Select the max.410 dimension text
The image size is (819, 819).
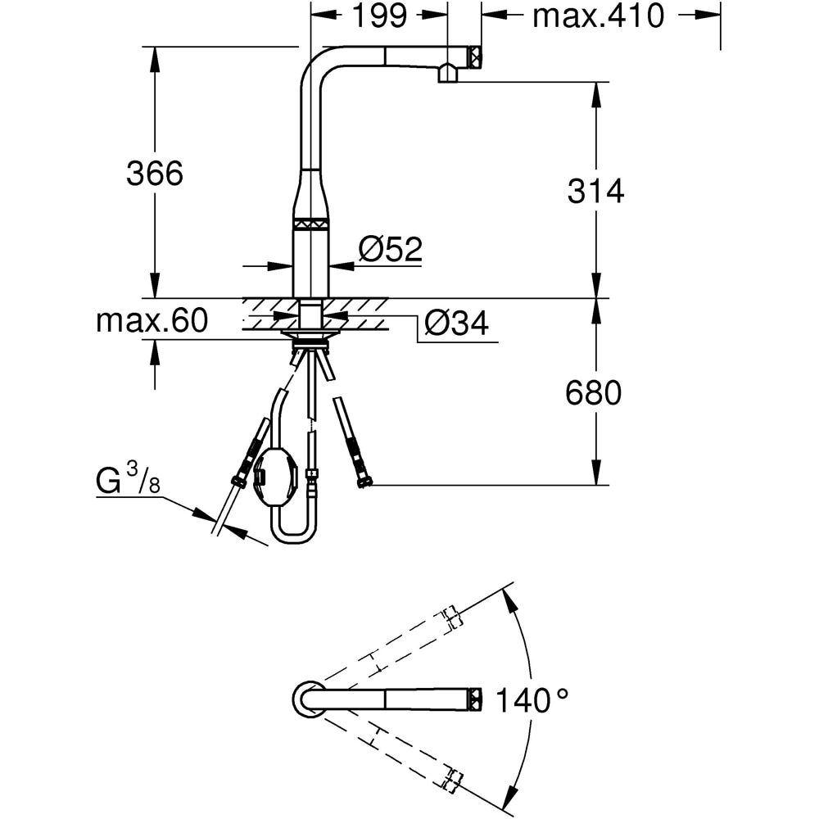coord(598,16)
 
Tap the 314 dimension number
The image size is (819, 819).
coord(595,191)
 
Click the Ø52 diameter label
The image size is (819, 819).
coord(390,249)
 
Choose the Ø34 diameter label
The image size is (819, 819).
coord(456,324)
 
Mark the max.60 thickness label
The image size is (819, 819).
coord(152,321)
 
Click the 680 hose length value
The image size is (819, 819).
coord(594,394)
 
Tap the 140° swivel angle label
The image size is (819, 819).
coord(530,700)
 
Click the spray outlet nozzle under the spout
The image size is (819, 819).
coord(449,75)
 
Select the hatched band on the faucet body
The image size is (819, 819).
coord(311,222)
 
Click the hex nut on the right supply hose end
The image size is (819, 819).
coord(363,482)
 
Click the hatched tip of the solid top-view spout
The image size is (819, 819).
coord(474,698)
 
